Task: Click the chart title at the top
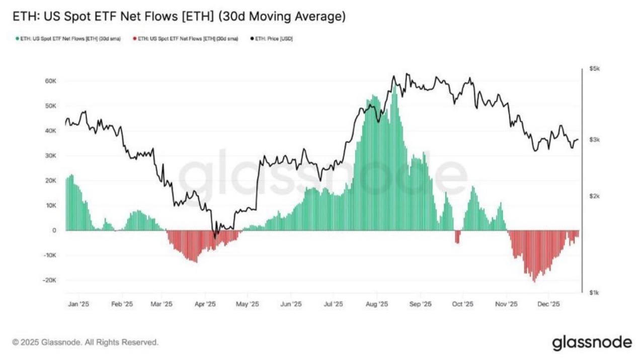(179, 17)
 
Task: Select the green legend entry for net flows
(68, 39)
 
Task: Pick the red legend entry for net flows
(185, 39)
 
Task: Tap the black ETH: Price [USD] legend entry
(272, 39)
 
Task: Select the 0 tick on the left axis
(54, 230)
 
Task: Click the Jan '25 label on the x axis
(78, 304)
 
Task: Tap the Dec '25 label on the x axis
(549, 304)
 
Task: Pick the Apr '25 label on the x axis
(205, 304)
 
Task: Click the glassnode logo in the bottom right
(592, 342)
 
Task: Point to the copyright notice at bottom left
(86, 342)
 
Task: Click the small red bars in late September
(457, 236)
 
